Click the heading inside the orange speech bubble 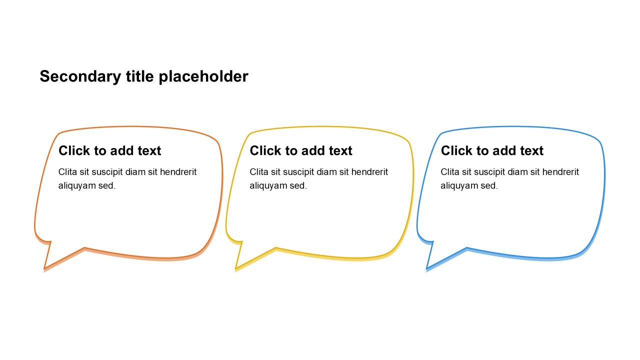(x=109, y=150)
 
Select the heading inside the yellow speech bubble (x=301, y=150)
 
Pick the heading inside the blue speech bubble (x=492, y=150)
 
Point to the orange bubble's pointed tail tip (x=45, y=269)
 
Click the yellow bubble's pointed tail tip (x=236, y=269)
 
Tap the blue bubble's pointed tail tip (x=427, y=269)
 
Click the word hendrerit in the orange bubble (x=178, y=172)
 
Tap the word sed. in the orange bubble (x=107, y=186)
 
